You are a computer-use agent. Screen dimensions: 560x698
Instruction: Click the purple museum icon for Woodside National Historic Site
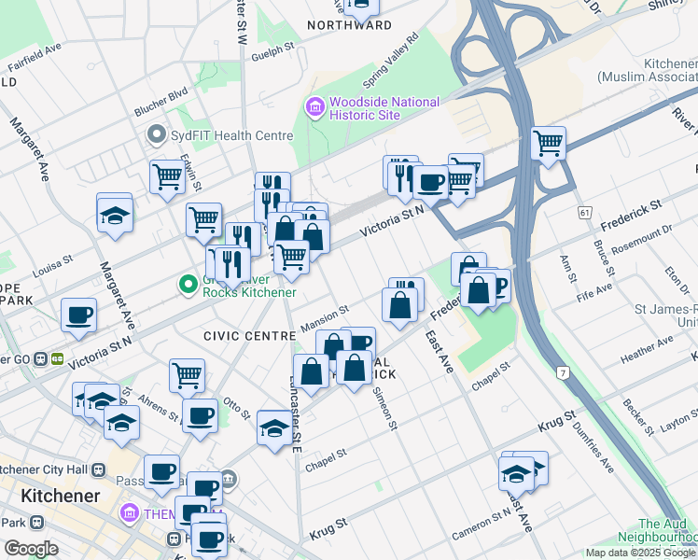pos(314,108)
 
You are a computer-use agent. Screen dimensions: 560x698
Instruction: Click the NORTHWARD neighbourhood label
pos(349,25)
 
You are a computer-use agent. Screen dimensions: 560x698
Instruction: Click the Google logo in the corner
pos(31,549)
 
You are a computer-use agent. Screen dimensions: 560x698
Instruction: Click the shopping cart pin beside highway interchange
pos(548,144)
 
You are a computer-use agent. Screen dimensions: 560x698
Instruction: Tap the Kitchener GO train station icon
pos(57,357)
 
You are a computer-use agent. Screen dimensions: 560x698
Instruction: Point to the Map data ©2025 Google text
pos(639,553)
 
